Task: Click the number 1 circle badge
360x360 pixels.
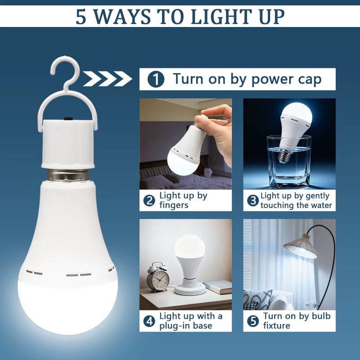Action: click(156, 79)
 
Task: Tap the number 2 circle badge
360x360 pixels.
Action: click(149, 200)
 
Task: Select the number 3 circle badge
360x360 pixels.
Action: click(253, 200)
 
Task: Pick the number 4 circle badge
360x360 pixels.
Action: click(149, 321)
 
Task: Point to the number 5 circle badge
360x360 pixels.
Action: click(253, 321)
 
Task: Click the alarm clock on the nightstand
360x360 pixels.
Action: click(158, 277)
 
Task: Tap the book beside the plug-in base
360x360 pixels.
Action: click(218, 287)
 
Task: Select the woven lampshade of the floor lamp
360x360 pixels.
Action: click(300, 246)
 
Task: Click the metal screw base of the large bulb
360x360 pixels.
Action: click(68, 175)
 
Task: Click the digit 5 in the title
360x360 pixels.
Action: click(81, 17)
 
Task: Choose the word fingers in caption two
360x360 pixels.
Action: click(174, 205)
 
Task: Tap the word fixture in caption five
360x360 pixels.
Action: click(277, 325)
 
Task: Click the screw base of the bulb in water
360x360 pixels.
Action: click(284, 156)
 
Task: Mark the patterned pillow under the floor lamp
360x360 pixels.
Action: click(257, 299)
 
